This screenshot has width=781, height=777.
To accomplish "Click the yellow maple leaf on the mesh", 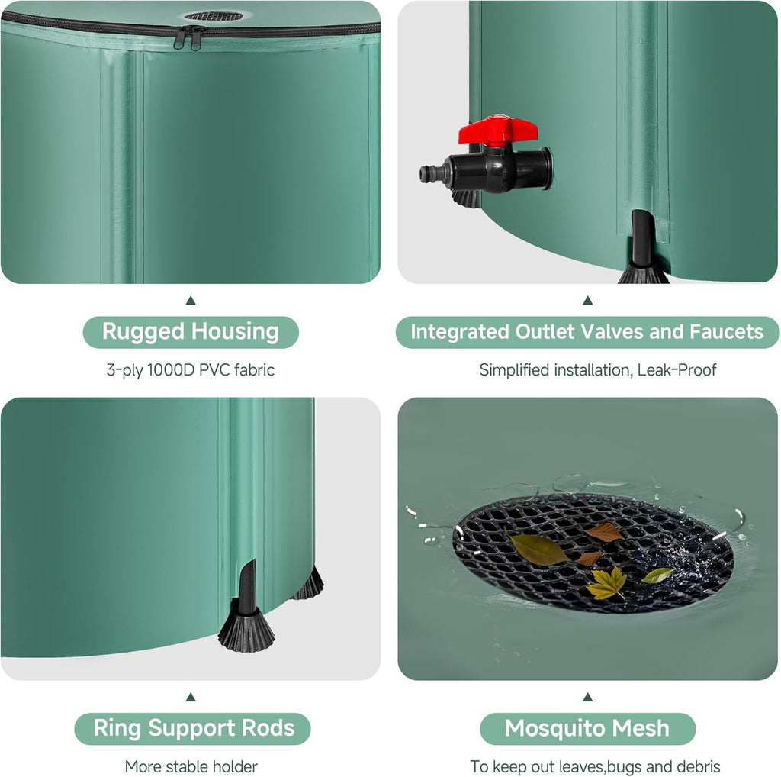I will click(x=606, y=584).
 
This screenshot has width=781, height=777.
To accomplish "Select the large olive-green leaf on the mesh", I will click(x=539, y=550).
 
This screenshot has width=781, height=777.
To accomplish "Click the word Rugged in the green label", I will click(x=143, y=332).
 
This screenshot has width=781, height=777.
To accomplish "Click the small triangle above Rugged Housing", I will click(x=191, y=301).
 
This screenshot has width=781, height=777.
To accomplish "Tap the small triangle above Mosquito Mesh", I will click(x=587, y=697).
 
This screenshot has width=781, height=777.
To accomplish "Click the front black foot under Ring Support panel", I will click(x=246, y=627).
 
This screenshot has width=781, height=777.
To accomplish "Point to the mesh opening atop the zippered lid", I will click(x=214, y=16).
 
